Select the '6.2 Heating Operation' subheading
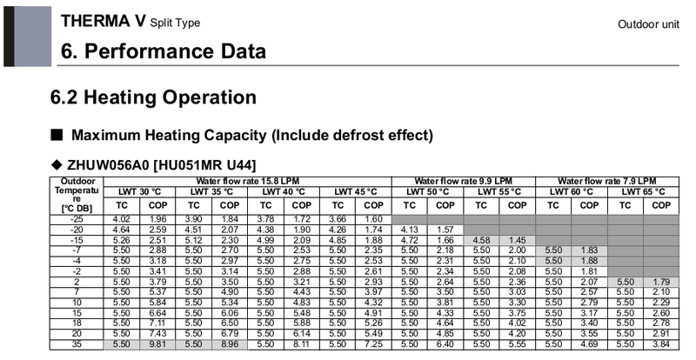(x=153, y=97)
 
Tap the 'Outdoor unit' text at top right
(x=648, y=24)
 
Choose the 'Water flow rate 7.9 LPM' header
(x=606, y=181)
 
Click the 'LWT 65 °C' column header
(x=643, y=191)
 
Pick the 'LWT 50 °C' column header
(x=426, y=191)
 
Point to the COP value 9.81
(x=157, y=344)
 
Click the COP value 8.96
(x=230, y=344)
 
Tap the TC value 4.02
(x=122, y=218)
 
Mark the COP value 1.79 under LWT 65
(x=661, y=282)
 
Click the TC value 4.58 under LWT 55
(x=481, y=239)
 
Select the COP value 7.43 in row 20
(x=157, y=334)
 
